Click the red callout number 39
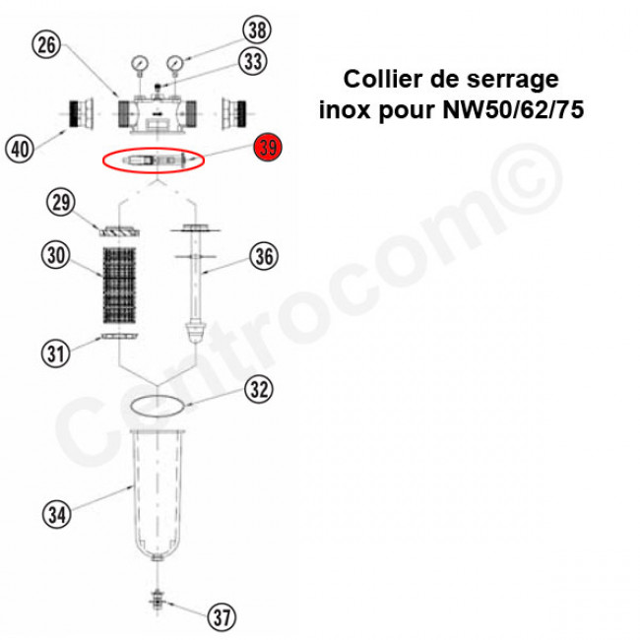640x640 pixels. coord(268,147)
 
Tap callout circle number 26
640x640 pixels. coord(46,44)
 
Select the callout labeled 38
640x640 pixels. coord(257,30)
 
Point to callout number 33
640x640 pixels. coord(253,61)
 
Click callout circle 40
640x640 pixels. coord(20,148)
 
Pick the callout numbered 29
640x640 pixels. coord(61,203)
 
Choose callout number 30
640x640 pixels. coord(56,256)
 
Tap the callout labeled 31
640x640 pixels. coord(55,353)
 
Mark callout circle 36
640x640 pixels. coord(264,256)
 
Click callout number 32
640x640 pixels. coord(259,389)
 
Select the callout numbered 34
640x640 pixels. coord(57,514)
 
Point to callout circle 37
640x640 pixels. coord(223,617)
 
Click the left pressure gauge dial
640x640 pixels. coord(140,64)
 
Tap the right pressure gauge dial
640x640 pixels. coord(175,63)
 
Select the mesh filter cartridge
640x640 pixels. coord(119,285)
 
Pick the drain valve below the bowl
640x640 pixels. coord(157,601)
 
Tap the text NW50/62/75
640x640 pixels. coord(513,109)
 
